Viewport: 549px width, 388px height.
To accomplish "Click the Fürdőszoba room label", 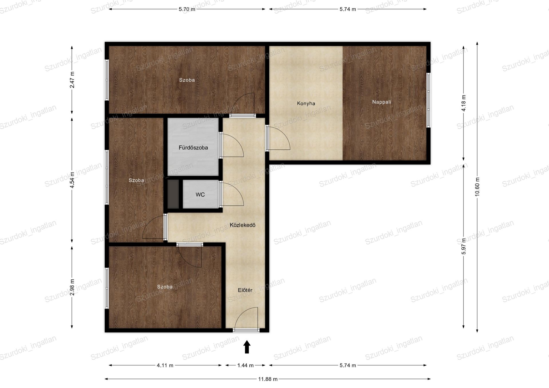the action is pos(193,148).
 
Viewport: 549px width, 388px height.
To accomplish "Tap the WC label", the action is pos(200,195).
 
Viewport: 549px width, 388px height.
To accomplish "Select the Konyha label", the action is pos(306,103).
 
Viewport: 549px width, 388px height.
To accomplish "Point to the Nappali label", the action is pos(382,102).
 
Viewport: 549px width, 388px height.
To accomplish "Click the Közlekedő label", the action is pos(242,225).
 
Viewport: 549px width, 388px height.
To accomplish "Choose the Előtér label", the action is pos(245,290).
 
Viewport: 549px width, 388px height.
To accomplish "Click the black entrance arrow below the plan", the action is pos(247,347).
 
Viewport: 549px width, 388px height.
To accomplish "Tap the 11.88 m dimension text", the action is pos(268,379).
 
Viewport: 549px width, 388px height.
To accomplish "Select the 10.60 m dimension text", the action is pos(477,187).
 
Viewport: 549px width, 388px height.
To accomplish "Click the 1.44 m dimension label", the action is pos(245,365).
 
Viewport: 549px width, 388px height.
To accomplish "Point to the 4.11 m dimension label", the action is pos(165,365).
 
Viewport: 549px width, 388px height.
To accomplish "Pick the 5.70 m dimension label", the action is pos(187,9).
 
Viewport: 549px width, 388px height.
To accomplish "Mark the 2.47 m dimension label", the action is pos(72,80).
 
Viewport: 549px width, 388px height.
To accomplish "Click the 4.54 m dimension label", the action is pos(72,180).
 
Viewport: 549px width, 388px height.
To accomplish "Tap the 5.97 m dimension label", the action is pos(464,246).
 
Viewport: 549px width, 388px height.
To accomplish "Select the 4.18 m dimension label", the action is pos(464,103).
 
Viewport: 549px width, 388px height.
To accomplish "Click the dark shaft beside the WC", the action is pos(173,194).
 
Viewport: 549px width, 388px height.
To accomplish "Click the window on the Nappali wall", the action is pos(428,100).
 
